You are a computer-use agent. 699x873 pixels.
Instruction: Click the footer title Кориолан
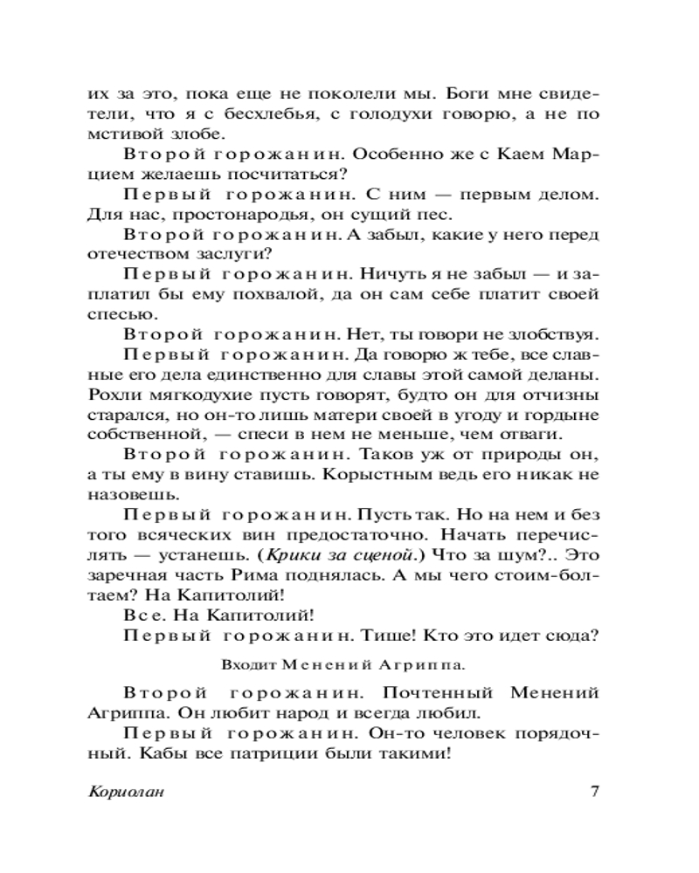tap(128, 793)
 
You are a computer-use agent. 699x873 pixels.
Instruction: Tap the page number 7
tap(593, 793)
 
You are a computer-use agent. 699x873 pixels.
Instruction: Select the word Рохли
tap(110, 394)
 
